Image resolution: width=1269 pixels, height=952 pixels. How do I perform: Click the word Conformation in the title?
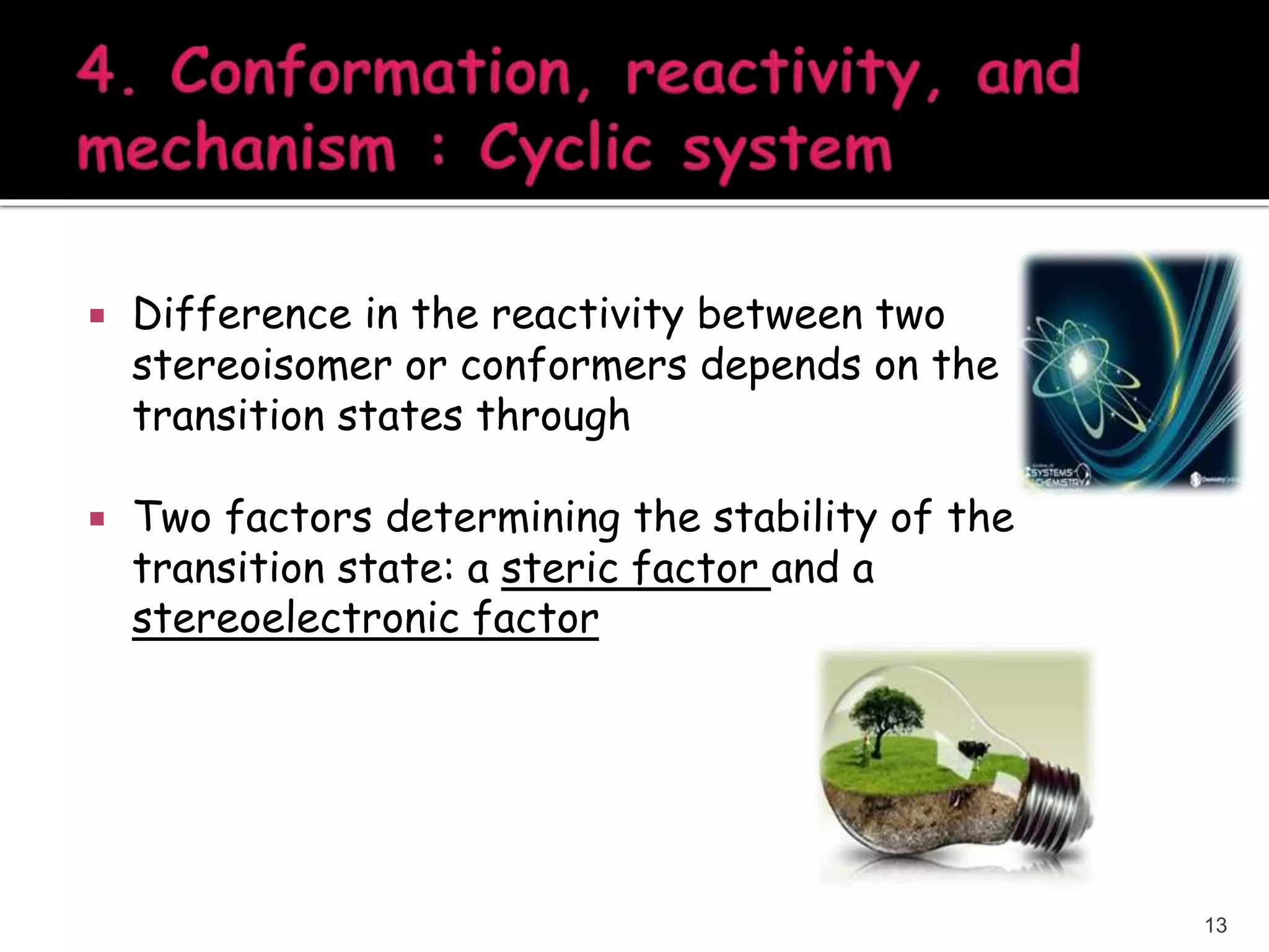point(371,73)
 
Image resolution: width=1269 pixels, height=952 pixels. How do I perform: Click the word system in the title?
point(787,152)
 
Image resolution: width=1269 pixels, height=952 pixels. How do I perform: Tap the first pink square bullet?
point(97,317)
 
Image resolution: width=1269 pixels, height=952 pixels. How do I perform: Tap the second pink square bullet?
point(97,518)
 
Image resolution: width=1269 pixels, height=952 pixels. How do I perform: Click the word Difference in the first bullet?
point(242,314)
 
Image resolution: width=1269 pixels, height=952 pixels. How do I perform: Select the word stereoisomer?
point(261,365)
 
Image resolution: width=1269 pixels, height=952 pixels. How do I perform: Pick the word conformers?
point(573,365)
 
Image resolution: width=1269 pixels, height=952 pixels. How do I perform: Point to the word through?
point(553,416)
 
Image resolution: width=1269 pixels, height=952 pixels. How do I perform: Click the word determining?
point(503,518)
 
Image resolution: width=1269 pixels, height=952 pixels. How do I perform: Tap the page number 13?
point(1215,925)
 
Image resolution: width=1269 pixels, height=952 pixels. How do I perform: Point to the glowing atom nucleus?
point(1079,359)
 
